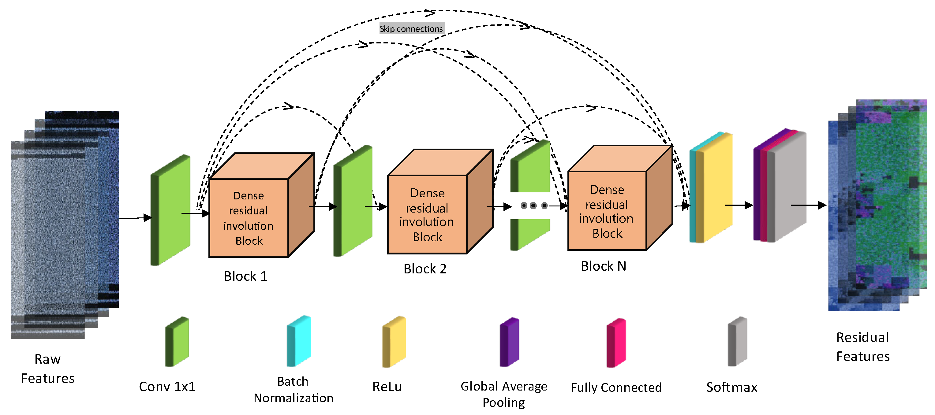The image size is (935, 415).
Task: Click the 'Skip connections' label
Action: pyautogui.click(x=412, y=29)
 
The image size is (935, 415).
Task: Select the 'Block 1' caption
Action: pyautogui.click(x=245, y=276)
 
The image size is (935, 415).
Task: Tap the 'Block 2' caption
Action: pyautogui.click(x=425, y=269)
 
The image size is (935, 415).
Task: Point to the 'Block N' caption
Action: pyautogui.click(x=604, y=266)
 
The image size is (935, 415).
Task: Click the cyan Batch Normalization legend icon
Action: pyautogui.click(x=299, y=341)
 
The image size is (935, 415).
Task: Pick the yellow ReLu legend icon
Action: pyautogui.click(x=394, y=342)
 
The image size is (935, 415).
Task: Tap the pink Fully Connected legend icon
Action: pyautogui.click(x=616, y=343)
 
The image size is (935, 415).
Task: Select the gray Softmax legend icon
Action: pyautogui.click(x=738, y=342)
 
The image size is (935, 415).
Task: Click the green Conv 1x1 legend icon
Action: pyautogui.click(x=177, y=342)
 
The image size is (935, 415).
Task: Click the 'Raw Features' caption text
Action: pyautogui.click(x=47, y=369)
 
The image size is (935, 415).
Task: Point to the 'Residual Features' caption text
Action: pyautogui.click(x=863, y=347)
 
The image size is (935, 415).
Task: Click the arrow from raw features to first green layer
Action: pyautogui.click(x=135, y=218)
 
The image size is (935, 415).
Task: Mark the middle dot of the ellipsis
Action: pyautogui.click(x=533, y=206)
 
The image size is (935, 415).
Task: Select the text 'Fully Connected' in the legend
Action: pyautogui.click(x=616, y=388)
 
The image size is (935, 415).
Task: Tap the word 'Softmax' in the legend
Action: pyautogui.click(x=732, y=387)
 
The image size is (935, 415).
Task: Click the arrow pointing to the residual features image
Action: pyautogui.click(x=808, y=205)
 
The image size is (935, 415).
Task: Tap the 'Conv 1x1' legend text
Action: pyautogui.click(x=167, y=387)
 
